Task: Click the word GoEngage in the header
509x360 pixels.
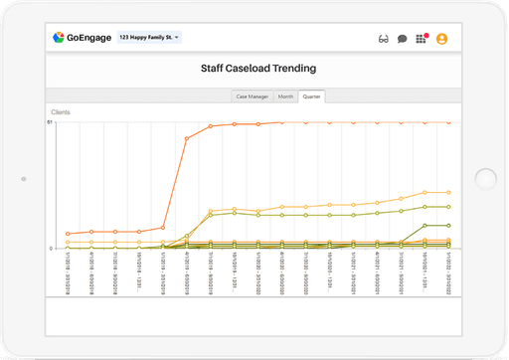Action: [89, 39]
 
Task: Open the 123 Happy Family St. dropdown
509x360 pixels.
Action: [149, 38]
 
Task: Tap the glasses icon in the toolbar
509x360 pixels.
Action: [384, 39]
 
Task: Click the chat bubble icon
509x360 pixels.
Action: [403, 39]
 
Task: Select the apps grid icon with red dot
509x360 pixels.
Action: [423, 39]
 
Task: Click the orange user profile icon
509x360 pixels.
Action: [442, 39]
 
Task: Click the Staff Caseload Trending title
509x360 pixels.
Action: [253, 69]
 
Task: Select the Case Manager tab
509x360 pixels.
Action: [252, 96]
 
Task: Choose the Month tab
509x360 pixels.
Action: [285, 96]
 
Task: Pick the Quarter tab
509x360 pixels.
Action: [311, 96]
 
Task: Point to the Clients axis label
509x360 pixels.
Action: [61, 112]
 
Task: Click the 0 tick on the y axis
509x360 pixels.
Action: [52, 248]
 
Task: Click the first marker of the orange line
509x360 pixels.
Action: [67, 234]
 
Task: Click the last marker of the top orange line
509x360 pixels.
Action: [448, 122]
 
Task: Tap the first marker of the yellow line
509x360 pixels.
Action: [67, 242]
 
